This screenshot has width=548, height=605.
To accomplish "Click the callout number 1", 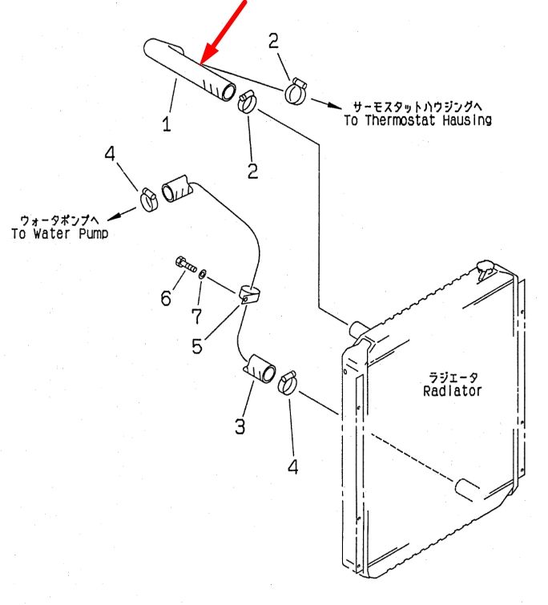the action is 166,124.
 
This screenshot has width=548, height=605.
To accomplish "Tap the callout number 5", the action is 197,345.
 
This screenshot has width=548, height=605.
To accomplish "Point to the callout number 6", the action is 166,298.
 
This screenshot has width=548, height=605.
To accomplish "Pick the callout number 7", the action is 196,317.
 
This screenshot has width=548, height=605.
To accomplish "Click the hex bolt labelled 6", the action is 186,264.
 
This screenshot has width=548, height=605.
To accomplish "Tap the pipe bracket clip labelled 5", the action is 249,295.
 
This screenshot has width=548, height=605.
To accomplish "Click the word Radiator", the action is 453,391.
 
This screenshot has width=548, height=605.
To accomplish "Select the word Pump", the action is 93,233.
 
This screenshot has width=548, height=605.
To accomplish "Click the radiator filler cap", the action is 486,268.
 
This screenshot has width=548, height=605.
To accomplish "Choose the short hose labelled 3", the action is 260,369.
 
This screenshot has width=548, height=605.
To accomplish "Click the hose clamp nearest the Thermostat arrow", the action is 296,91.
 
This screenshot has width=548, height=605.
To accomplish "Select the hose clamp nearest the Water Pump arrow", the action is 149,199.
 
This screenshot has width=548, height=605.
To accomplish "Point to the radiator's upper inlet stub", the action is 357,329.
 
